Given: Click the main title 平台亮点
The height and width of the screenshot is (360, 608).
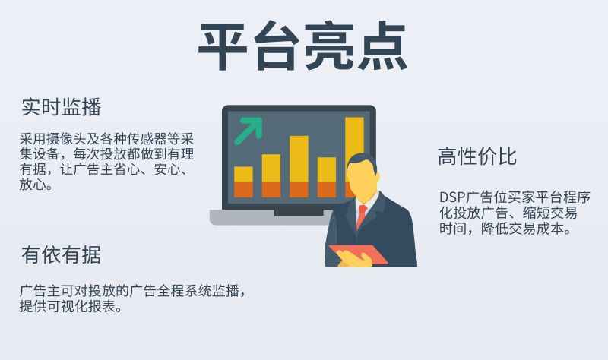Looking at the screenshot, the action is click(302, 46).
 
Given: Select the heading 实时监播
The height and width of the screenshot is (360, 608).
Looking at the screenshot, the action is click(62, 107).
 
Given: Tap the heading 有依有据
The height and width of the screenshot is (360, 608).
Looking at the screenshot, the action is click(62, 255).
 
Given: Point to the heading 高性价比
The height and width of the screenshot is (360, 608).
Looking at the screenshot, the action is click(477, 156).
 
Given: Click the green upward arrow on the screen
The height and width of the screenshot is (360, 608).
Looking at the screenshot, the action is click(249, 130).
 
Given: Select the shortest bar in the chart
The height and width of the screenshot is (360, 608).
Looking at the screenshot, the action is click(243, 182).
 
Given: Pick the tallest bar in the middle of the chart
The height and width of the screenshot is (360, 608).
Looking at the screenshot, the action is click(299, 166).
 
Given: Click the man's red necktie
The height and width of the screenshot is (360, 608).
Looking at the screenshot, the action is click(362, 216).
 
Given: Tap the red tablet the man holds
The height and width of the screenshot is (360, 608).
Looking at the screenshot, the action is click(358, 254).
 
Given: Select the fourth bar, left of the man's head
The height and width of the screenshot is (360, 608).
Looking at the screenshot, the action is click(327, 178).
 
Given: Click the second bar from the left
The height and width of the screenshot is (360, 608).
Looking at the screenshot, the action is click(271, 176).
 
